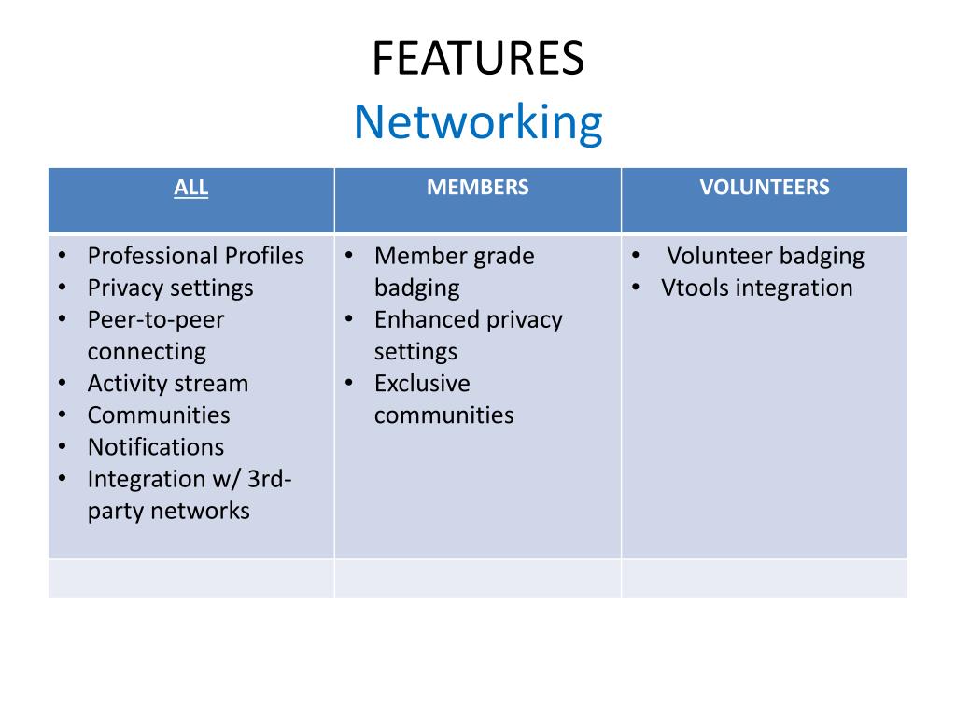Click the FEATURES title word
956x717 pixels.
[478, 59]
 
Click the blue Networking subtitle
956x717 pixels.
[478, 122]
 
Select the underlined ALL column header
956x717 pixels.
[190, 188]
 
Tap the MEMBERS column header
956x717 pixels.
[477, 188]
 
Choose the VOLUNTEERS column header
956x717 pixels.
[764, 188]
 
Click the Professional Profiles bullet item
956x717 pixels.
[196, 256]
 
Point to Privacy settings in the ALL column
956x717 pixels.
[170, 288]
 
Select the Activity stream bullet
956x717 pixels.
[168, 384]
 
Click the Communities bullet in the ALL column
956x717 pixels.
[159, 415]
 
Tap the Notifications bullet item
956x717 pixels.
[156, 447]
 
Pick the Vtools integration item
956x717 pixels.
[756, 288]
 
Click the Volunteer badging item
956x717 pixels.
[766, 256]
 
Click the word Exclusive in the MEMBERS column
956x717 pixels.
[422, 384]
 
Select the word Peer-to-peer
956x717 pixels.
[156, 319]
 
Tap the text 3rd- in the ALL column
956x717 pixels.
[271, 479]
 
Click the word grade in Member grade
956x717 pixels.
[504, 256]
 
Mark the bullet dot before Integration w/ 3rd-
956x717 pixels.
[62, 479]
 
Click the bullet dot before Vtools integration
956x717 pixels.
[635, 288]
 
